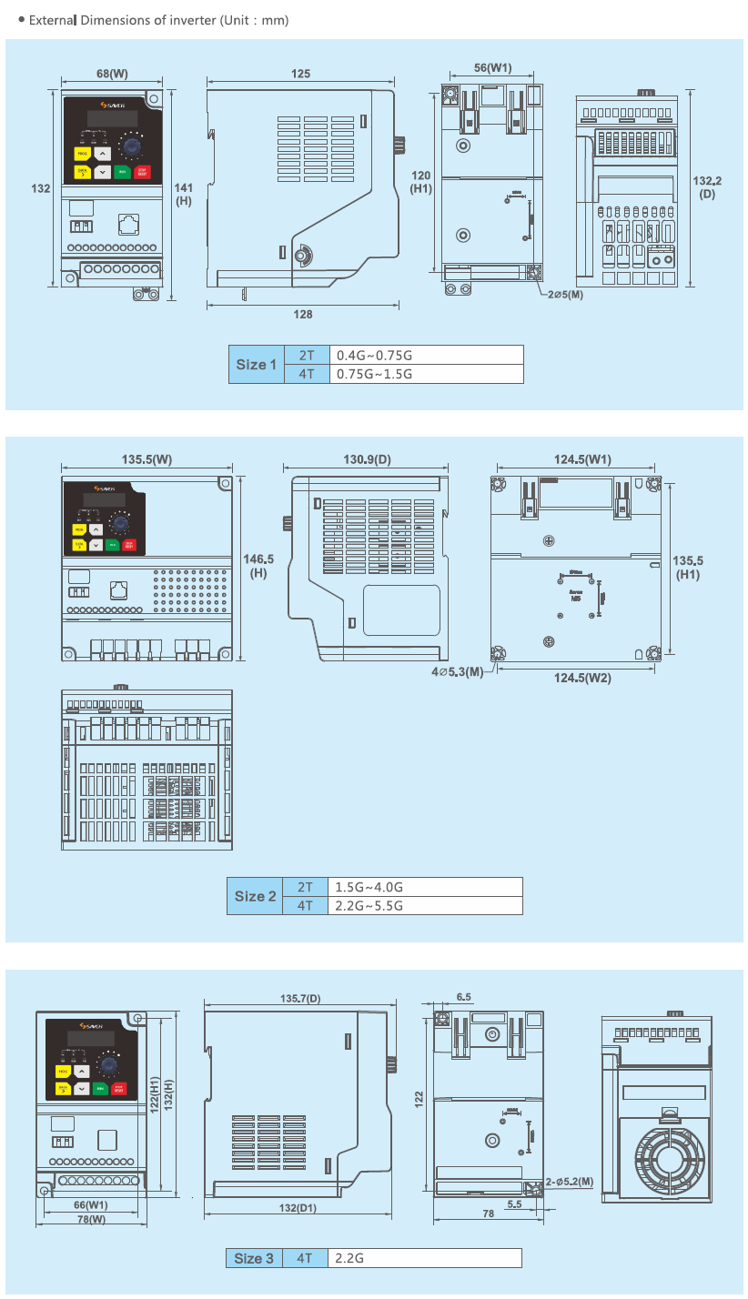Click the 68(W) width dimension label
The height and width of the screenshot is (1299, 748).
tap(112, 73)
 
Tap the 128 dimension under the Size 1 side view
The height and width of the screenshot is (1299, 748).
tap(303, 314)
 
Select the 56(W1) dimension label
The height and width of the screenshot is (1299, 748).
tap(494, 67)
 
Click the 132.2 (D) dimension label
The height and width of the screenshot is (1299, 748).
tap(707, 186)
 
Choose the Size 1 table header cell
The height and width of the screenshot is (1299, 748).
tap(257, 365)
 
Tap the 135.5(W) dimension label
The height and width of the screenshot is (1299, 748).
tap(147, 459)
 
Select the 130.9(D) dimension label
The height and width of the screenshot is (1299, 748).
tap(367, 459)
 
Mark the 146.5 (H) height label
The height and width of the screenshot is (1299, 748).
tap(259, 566)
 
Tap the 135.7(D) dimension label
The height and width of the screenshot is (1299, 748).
tap(300, 999)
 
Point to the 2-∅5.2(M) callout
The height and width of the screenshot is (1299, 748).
tap(570, 1182)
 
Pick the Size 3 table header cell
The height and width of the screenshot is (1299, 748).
tap(254, 1258)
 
